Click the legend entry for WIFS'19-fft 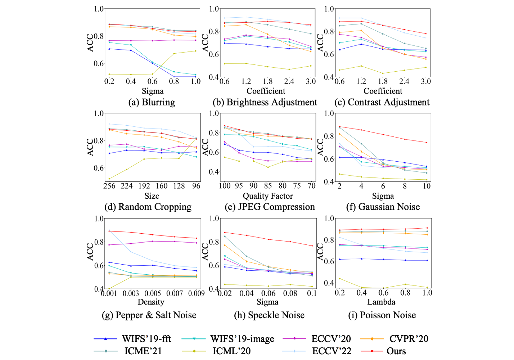point(146,339)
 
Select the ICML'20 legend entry point(231,351)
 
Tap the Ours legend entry point(396,351)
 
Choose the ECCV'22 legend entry point(331,351)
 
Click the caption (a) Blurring point(152,102)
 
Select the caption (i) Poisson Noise point(382,315)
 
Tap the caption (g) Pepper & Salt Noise point(149,315)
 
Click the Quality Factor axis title point(267,196)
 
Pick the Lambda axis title point(381,302)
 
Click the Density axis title point(151,302)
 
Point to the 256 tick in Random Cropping point(109,186)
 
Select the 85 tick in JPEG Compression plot point(268,186)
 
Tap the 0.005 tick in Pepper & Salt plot point(153,293)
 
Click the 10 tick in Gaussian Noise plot point(427,186)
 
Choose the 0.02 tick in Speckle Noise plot point(225,293)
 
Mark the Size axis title point(152,196)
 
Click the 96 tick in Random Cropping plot point(196,186)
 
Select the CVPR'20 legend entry point(409,339)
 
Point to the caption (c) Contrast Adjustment point(382,102)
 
